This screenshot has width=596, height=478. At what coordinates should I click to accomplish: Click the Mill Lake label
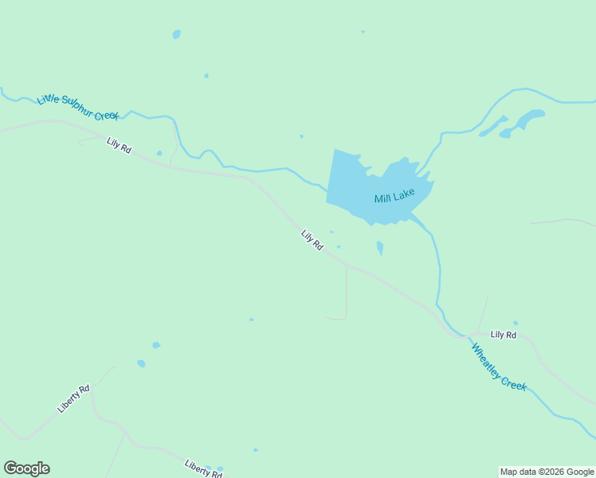coord(394,196)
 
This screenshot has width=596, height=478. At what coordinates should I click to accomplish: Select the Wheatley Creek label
coord(498,366)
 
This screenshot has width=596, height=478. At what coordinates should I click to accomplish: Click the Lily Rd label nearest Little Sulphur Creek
coord(119,146)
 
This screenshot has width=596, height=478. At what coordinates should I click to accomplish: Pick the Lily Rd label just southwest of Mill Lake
coord(312,241)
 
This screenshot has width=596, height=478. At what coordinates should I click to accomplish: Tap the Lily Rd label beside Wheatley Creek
coord(504,335)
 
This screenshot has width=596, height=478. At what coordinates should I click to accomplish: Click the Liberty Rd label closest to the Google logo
coord(74,398)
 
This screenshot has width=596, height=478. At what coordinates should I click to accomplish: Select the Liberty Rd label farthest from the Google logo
coord(203,468)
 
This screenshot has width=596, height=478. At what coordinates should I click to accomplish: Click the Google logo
coord(26,468)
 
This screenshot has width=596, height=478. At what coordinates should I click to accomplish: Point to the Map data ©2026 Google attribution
coord(547,472)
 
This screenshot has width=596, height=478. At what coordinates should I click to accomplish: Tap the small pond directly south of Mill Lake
coord(380,249)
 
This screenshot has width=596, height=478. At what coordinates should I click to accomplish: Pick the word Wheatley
coord(486,358)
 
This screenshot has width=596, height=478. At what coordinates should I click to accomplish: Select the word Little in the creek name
coord(48,98)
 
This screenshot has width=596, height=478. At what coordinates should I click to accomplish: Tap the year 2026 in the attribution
coord(555,472)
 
